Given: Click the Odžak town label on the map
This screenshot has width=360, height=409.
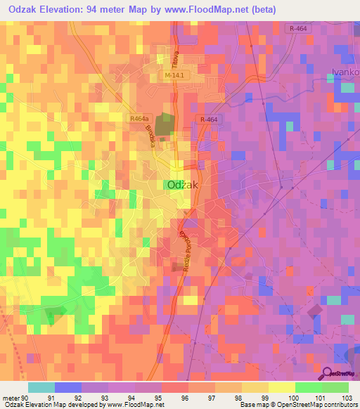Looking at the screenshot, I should (181, 184).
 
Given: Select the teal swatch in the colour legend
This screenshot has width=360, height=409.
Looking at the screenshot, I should (41, 387).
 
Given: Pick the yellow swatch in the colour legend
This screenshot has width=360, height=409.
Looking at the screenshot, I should (282, 387).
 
